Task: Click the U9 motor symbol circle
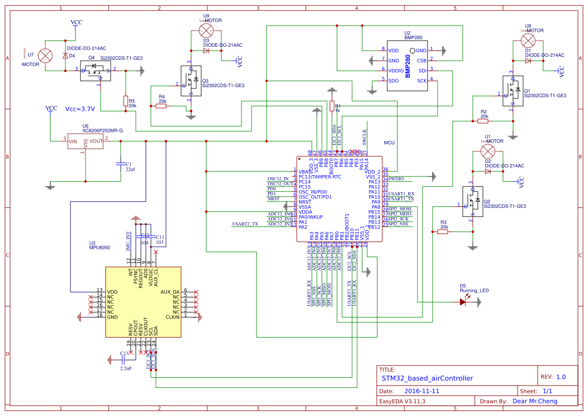(205, 30)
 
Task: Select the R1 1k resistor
(331, 106)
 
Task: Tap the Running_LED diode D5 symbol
(463, 302)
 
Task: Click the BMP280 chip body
(407, 66)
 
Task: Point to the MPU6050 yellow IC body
(143, 301)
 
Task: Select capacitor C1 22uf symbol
(120, 163)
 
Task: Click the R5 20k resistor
(125, 101)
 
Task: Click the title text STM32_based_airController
(427, 378)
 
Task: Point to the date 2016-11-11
(422, 391)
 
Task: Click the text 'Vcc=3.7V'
(80, 109)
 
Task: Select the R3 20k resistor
(443, 231)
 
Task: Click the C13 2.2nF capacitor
(124, 359)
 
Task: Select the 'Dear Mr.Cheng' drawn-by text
(535, 401)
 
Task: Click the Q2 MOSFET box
(472, 201)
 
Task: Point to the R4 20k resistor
(161, 106)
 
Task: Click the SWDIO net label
(396, 179)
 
